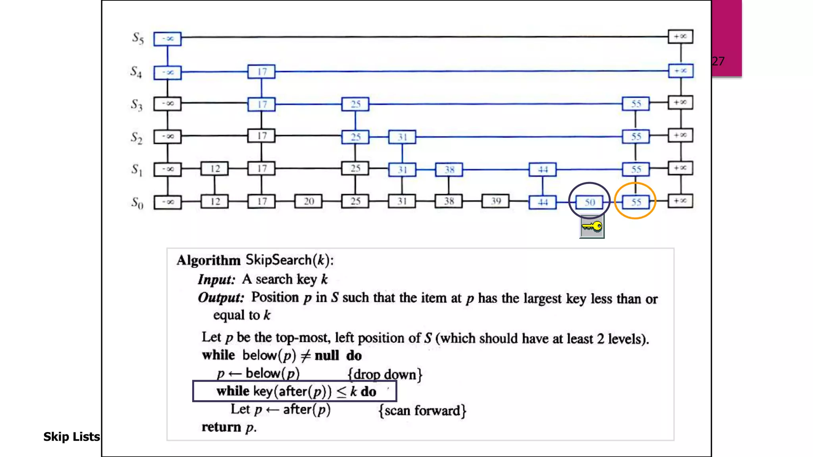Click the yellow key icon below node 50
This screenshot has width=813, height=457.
591,227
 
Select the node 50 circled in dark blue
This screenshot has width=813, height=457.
590,202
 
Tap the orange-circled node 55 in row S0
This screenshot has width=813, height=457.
636,202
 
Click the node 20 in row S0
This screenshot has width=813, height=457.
308,202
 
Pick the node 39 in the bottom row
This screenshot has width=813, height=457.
495,201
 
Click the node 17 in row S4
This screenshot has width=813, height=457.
261,72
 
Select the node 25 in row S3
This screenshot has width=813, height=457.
355,104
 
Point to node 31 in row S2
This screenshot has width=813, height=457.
402,137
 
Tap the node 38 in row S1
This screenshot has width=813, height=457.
449,170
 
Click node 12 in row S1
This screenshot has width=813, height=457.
215,169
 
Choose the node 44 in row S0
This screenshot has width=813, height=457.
543,202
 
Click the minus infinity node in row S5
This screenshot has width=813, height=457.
168,39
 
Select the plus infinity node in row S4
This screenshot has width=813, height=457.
680,71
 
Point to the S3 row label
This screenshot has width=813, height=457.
137,105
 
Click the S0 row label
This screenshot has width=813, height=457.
137,203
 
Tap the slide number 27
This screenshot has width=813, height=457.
718,61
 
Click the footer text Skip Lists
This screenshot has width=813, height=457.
71,437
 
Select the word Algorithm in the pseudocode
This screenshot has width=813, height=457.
209,260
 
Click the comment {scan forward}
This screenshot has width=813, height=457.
422,411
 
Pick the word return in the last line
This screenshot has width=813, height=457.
222,427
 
